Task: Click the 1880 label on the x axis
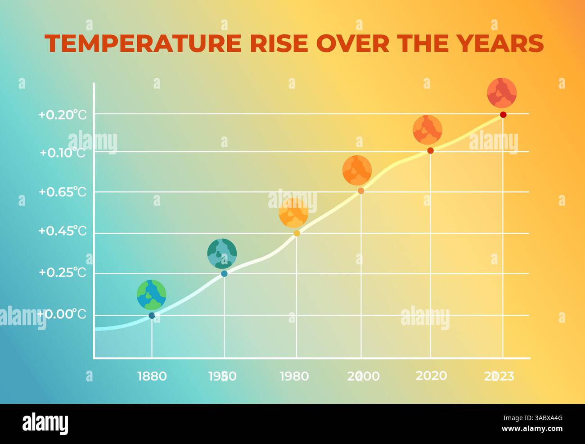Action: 152,376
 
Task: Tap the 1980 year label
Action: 294,376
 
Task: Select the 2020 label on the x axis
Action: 431,376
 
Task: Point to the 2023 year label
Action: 499,376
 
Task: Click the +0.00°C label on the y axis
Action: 62,314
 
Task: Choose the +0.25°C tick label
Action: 62,272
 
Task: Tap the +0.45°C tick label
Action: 62,231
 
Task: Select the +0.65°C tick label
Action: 62,192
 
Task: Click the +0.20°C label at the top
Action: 62,115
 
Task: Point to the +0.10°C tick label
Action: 62,153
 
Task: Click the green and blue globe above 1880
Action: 152,295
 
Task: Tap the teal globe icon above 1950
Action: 222,254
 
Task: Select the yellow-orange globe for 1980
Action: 293,213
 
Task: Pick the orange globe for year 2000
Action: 357,170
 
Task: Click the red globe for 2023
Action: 502,93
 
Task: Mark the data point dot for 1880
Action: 152,316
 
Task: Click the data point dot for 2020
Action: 430,150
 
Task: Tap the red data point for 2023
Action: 503,115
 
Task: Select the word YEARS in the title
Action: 500,44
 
